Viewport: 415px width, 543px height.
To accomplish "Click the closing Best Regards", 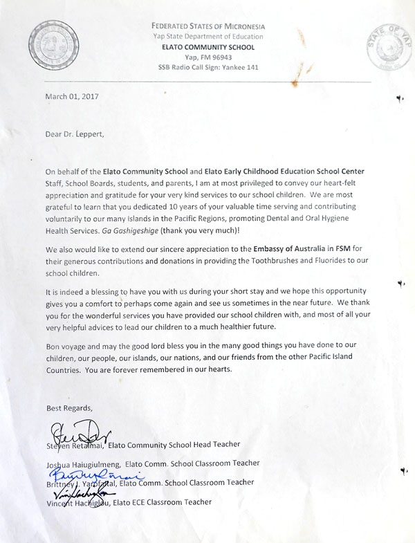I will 68,407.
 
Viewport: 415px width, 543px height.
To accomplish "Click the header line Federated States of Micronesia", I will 208,26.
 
